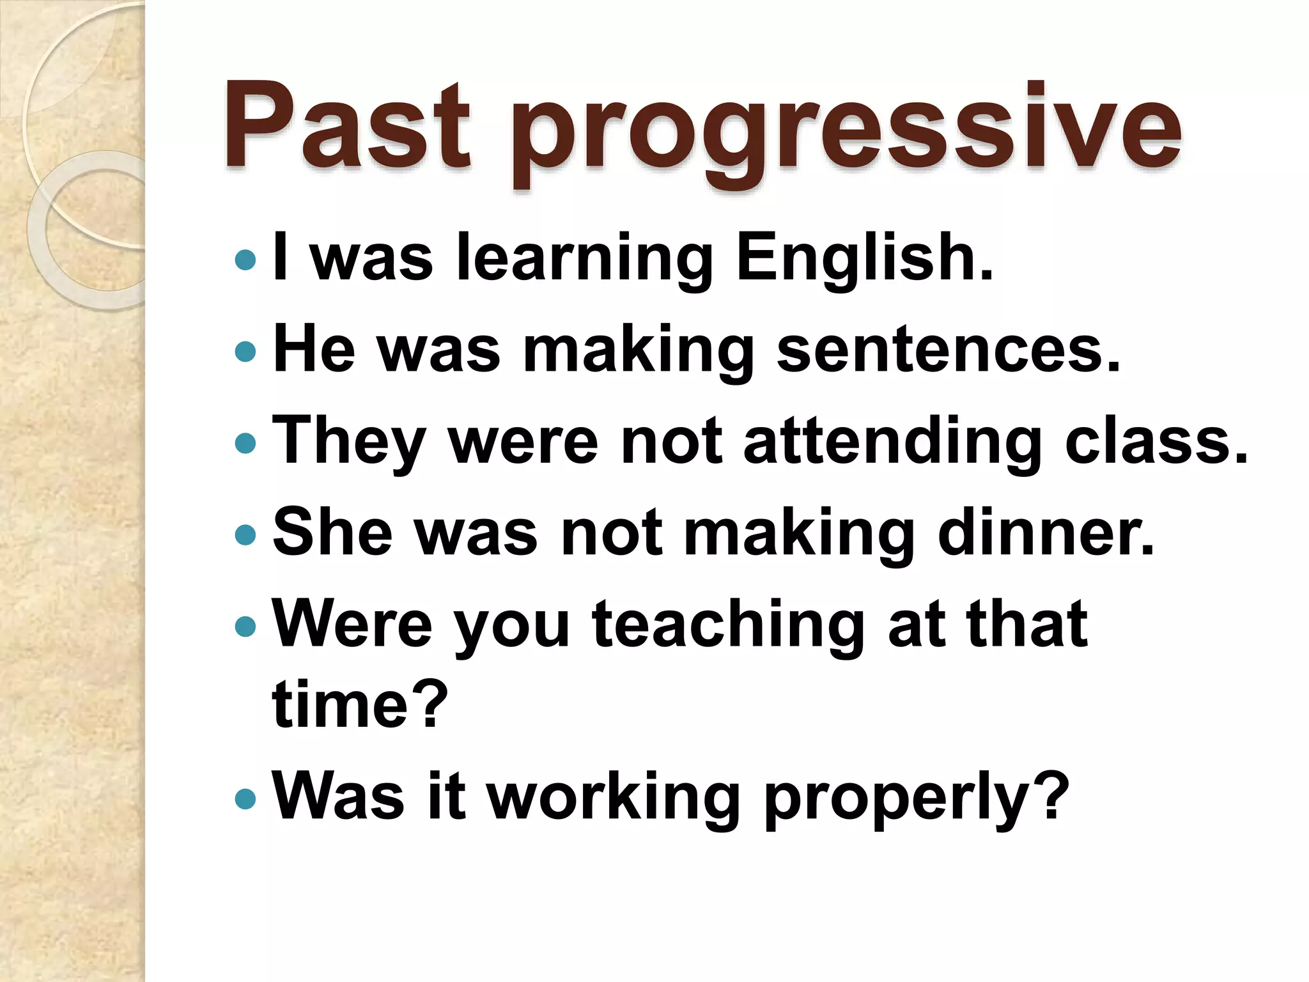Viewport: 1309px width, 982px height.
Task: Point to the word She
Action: [x=333, y=532]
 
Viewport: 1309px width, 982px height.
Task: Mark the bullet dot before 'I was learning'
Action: [x=245, y=260]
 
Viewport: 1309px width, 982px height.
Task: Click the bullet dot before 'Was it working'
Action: [x=245, y=798]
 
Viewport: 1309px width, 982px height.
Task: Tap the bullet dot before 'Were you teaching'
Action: [x=245, y=626]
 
